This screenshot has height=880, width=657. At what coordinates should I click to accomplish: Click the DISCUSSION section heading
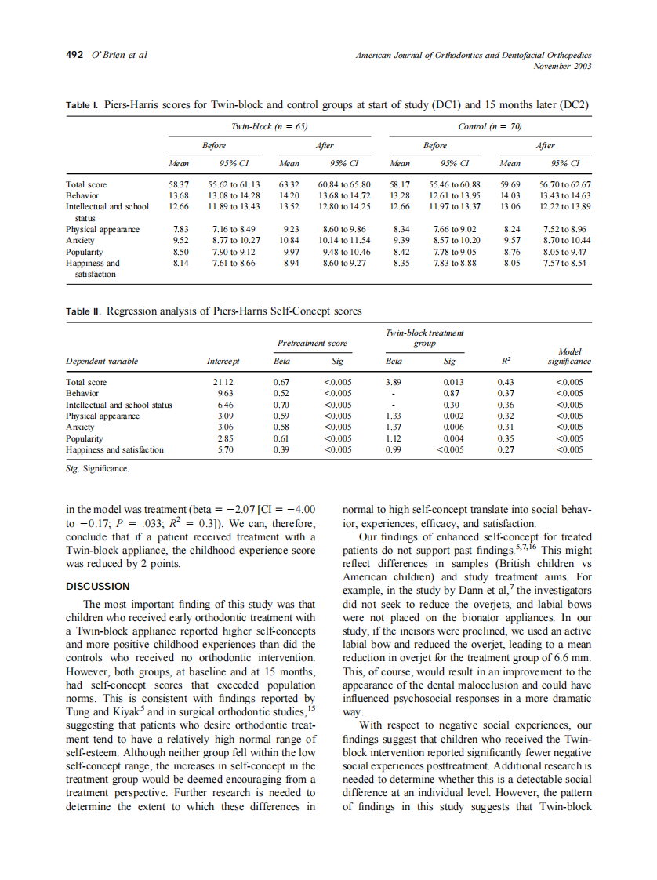coord(98,586)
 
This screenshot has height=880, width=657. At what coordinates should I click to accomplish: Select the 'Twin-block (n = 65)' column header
coord(258,126)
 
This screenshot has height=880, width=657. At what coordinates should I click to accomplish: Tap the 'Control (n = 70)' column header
coord(490,126)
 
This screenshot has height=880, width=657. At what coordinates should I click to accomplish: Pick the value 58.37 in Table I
coord(180,184)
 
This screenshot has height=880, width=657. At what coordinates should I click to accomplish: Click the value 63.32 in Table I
coord(291,184)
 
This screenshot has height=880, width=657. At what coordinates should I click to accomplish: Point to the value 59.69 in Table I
coord(510,184)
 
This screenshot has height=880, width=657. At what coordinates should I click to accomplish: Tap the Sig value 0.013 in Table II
coord(450,382)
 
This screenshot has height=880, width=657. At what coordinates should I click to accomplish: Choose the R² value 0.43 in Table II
coord(506,382)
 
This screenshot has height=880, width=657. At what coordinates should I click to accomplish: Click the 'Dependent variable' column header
coord(102,361)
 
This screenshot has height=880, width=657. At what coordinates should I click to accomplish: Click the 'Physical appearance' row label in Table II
coord(103,416)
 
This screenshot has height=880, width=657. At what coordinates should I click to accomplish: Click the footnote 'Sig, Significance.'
coord(97,468)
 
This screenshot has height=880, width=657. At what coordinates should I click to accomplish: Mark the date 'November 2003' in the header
coord(562,66)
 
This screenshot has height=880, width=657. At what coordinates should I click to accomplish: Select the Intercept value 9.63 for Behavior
coord(225,393)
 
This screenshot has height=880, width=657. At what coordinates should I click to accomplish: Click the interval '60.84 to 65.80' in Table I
coord(344,184)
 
